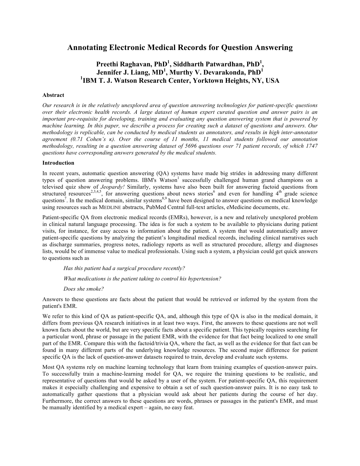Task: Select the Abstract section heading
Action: point(53,95)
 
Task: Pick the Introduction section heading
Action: point(58,163)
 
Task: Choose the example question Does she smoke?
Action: point(84,289)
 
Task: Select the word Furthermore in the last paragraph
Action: point(56,401)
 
